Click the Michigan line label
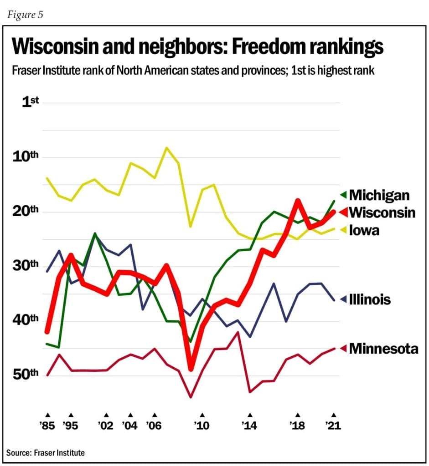pyautogui.click(x=379, y=195)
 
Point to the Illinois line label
pyautogui.click(x=370, y=299)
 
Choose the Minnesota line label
pyautogui.click(x=383, y=349)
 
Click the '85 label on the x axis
pyautogui.click(x=47, y=426)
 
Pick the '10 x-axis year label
pyautogui.click(x=202, y=426)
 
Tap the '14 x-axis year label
pyautogui.click(x=250, y=426)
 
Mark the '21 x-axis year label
pyautogui.click(x=334, y=426)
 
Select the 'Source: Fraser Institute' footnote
pyautogui.click(x=46, y=452)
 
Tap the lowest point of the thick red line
pyautogui.click(x=191, y=368)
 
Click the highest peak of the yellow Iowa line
pyautogui.click(x=166, y=147)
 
